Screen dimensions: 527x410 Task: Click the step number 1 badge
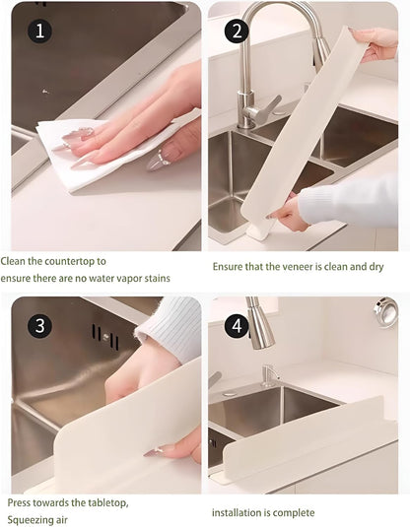click(39, 31)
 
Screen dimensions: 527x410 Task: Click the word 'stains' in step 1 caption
click(154, 279)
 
